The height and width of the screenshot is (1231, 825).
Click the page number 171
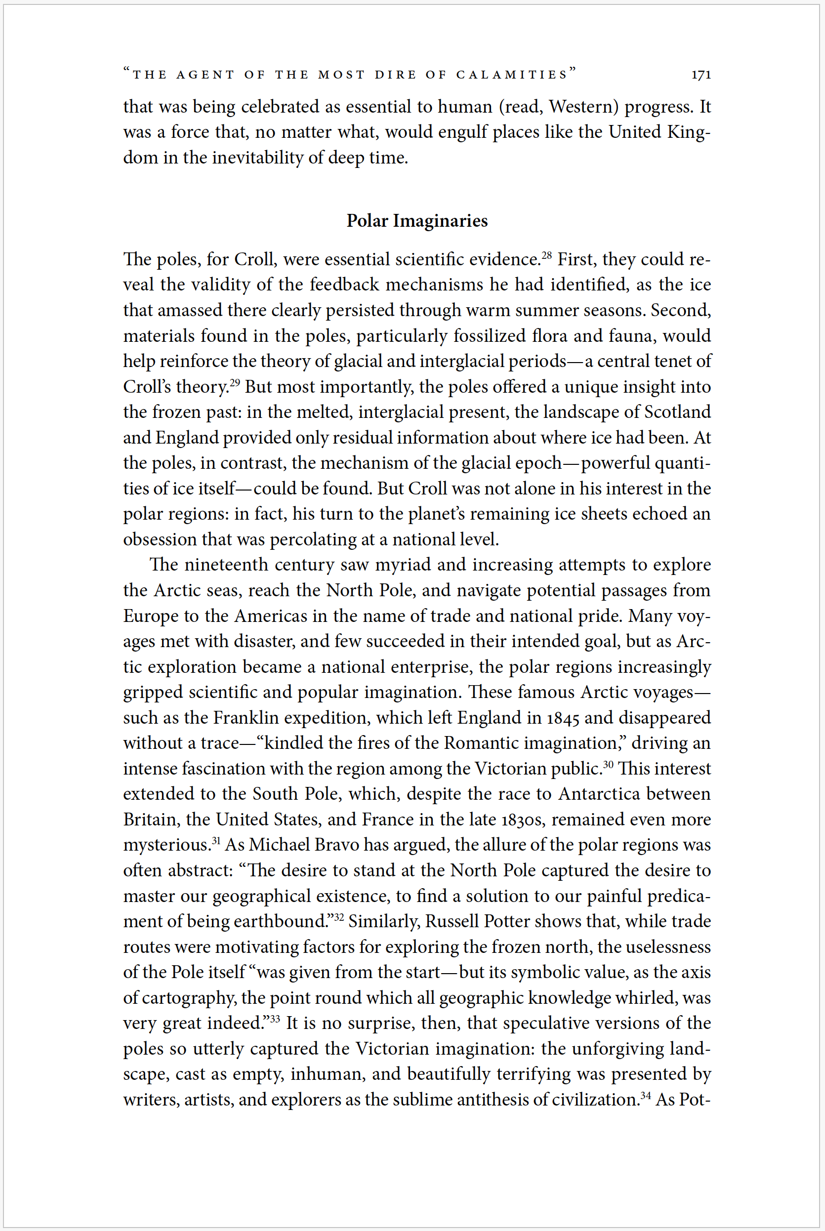pos(701,75)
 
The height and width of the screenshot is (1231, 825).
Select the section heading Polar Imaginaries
pos(417,220)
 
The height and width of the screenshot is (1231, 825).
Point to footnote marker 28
pos(547,255)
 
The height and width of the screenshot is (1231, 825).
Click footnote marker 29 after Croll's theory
pos(235,382)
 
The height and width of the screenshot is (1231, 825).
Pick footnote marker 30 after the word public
pos(608,764)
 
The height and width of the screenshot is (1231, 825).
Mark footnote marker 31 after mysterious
pos(216,841)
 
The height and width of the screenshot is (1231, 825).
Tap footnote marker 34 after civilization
pos(646,1096)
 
